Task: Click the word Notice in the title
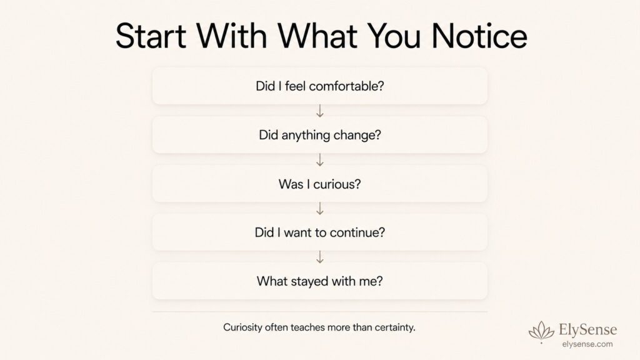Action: click(479, 36)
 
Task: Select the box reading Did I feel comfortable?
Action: click(319, 86)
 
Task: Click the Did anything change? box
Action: click(319, 135)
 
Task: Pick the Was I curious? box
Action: click(319, 184)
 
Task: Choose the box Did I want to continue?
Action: click(319, 232)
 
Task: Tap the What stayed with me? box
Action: click(319, 281)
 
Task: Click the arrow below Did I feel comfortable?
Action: click(320, 111)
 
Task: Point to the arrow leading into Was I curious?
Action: click(320, 159)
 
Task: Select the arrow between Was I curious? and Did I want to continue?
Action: click(320, 208)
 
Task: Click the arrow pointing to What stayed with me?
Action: click(320, 257)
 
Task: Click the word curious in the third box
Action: click(337, 184)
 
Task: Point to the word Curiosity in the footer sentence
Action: click(242, 327)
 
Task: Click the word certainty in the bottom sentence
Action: click(395, 327)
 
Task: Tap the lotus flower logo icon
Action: click(542, 331)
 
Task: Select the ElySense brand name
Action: click(587, 329)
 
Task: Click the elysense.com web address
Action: click(587, 344)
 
